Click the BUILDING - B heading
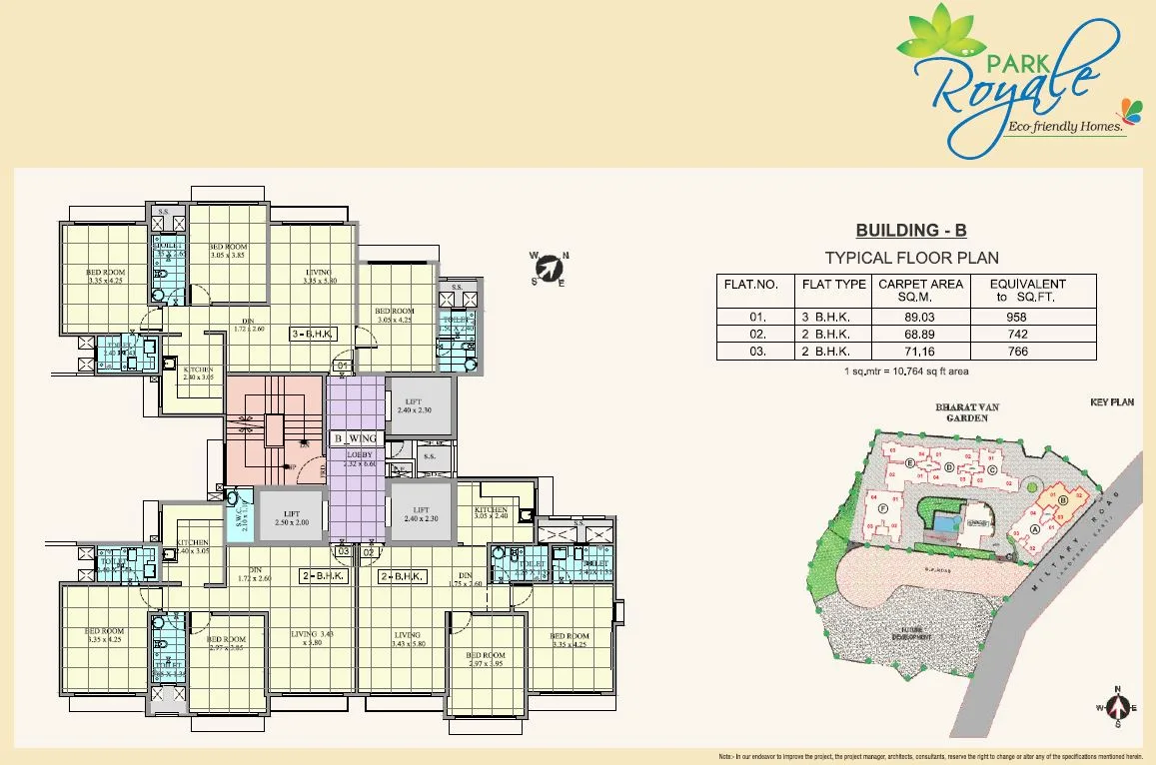click(905, 231)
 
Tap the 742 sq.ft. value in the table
click(1017, 335)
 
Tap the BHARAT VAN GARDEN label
click(961, 412)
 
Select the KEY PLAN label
click(1111, 401)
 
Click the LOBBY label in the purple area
click(359, 455)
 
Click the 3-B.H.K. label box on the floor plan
click(314, 334)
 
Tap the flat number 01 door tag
click(342, 367)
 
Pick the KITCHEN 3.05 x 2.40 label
click(491, 513)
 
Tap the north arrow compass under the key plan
click(1118, 707)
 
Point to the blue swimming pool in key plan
click(944, 520)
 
